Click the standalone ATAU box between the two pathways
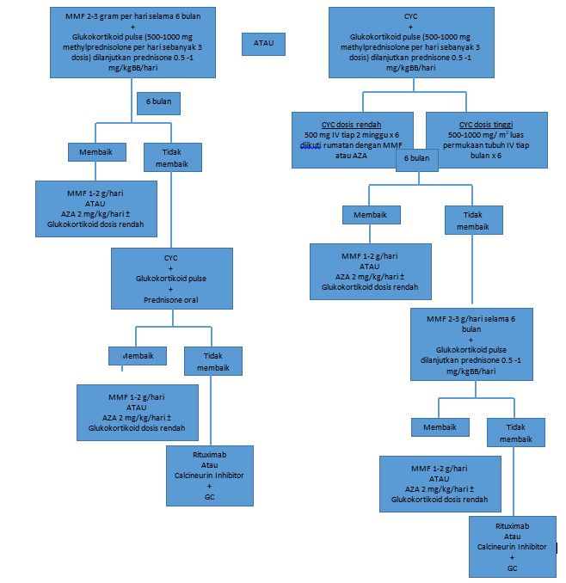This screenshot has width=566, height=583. (x=264, y=42)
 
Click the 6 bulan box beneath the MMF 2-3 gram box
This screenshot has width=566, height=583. (x=158, y=102)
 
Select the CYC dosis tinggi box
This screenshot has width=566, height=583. (x=486, y=139)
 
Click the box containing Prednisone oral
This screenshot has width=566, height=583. (x=171, y=279)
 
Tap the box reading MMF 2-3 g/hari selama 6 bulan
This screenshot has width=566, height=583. (x=471, y=344)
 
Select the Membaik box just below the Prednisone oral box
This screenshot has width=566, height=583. (x=137, y=355)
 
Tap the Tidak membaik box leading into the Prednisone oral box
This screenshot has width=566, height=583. (x=172, y=157)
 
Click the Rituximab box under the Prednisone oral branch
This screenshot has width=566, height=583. (x=209, y=475)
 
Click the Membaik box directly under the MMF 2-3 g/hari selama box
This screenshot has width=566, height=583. (x=440, y=427)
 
